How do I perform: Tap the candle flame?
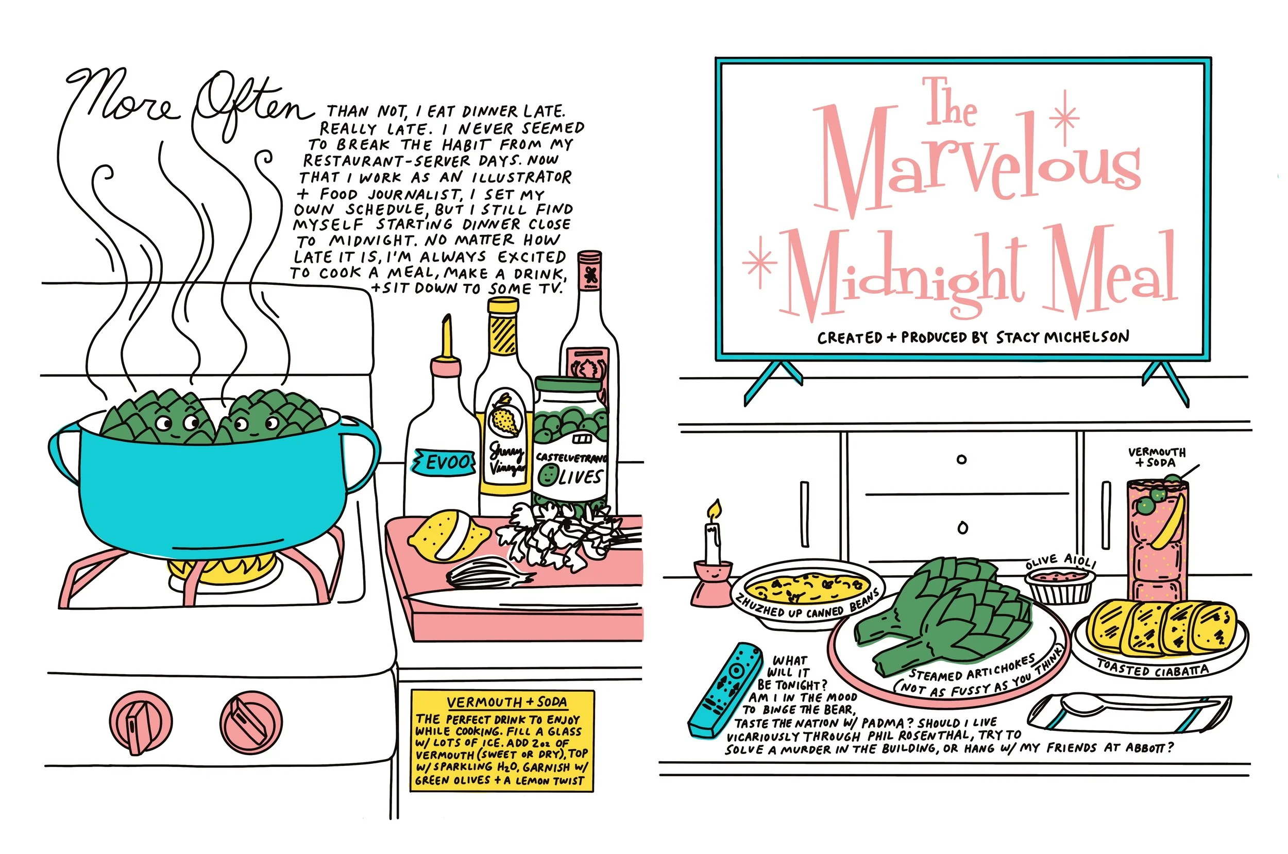point(715,510)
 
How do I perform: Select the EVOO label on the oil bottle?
point(444,463)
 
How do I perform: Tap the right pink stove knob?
point(251,722)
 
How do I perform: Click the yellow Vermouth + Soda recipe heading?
point(507,702)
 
